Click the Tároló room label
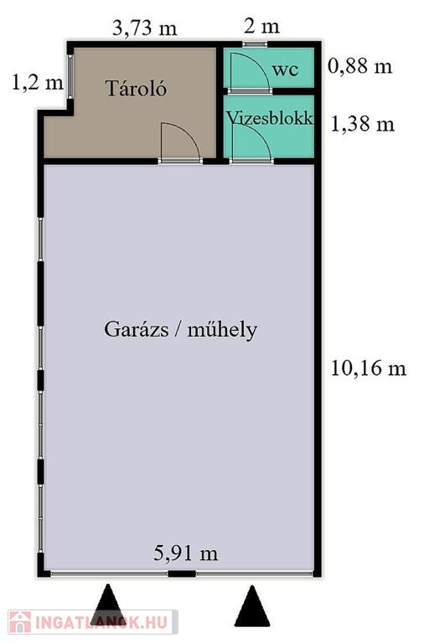pos(137,88)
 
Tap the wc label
pos(285,69)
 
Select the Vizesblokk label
pos(270,118)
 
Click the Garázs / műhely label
pos(181,329)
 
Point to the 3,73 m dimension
pos(144,28)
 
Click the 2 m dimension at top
pos(261,27)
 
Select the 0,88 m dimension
pos(360,65)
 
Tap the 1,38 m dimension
pos(363,124)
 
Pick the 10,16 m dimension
pos(368,368)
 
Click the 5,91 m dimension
pos(185,553)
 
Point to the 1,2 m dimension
pos(38,82)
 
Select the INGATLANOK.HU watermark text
pos(101,622)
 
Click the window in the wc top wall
pos(255,44)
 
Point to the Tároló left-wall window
pos(70,77)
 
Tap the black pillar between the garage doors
pos(182,574)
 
